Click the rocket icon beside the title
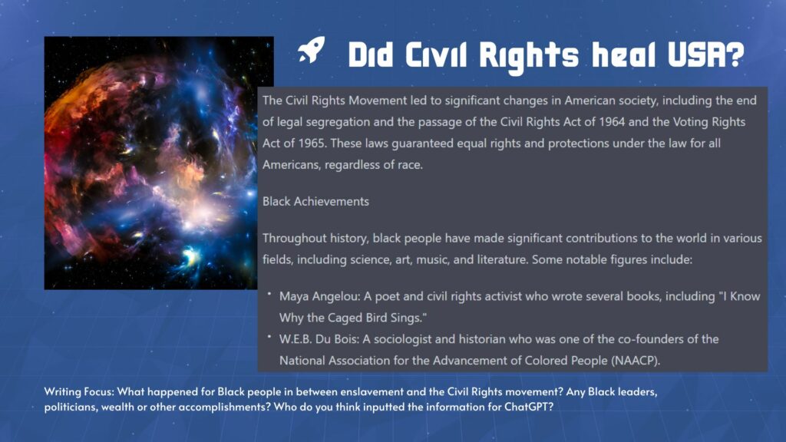click(x=312, y=50)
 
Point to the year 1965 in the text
click(x=312, y=143)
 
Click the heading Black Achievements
click(x=315, y=202)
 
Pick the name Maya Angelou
click(x=319, y=297)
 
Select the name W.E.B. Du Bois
click(x=319, y=339)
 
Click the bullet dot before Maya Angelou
click(x=269, y=294)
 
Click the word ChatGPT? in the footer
click(x=528, y=407)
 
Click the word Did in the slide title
click(x=371, y=54)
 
